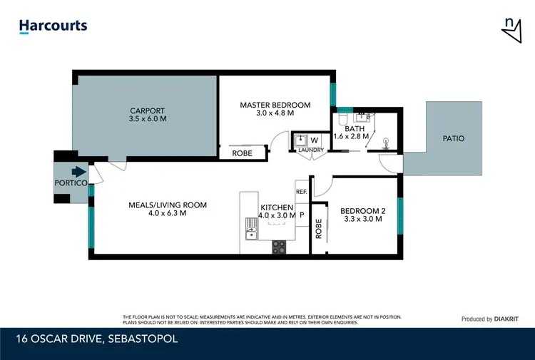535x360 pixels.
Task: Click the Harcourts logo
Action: pos(53,26)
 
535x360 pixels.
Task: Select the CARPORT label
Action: pos(147,110)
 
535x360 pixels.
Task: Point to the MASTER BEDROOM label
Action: pos(275,105)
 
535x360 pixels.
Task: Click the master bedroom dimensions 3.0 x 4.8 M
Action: pos(275,113)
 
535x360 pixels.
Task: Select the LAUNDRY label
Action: pos(311,150)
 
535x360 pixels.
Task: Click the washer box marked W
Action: pos(314,140)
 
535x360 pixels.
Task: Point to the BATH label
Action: pos(355,128)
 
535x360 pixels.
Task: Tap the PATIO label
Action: pos(453,138)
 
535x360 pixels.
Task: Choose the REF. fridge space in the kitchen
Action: pos(301,192)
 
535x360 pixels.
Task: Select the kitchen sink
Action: pos(250,229)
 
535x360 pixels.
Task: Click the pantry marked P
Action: pos(302,214)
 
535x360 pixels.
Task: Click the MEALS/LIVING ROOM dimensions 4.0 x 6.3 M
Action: pos(167,213)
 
